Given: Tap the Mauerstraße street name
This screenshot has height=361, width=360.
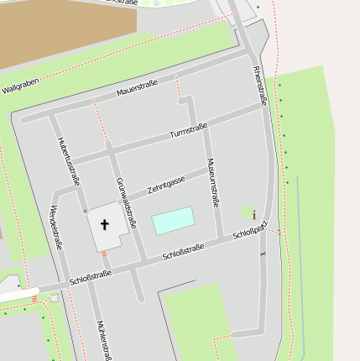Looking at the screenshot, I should click(138, 86).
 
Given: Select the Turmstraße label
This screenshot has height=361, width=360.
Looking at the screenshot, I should click(188, 131).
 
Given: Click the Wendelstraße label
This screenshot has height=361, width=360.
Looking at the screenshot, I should click(56, 227).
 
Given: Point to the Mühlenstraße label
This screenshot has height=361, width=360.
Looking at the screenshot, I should click(103, 339).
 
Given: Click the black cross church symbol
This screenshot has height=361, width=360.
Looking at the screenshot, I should click(106, 224).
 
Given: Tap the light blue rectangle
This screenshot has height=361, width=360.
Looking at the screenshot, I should click(173, 221).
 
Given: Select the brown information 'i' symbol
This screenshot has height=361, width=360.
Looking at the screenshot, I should click(253, 215).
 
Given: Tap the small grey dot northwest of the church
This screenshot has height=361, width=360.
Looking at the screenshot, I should click(84, 211).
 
